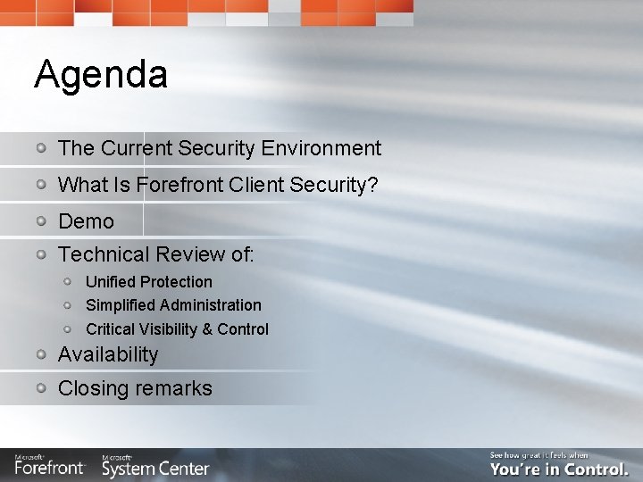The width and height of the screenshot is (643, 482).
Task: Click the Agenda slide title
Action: click(100, 75)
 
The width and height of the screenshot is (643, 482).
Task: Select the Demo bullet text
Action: click(86, 221)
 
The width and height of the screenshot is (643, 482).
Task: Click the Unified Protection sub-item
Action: click(148, 282)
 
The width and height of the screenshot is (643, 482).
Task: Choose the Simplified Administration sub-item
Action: click(173, 305)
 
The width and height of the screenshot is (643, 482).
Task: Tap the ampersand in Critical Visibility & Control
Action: click(207, 329)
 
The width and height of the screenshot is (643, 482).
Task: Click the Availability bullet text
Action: click(107, 355)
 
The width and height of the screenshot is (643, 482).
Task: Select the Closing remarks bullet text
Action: click(135, 389)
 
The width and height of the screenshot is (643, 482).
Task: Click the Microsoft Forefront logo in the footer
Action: click(49, 465)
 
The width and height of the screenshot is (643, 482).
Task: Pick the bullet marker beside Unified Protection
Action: click(68, 281)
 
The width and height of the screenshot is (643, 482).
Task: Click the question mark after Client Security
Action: click(373, 186)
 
